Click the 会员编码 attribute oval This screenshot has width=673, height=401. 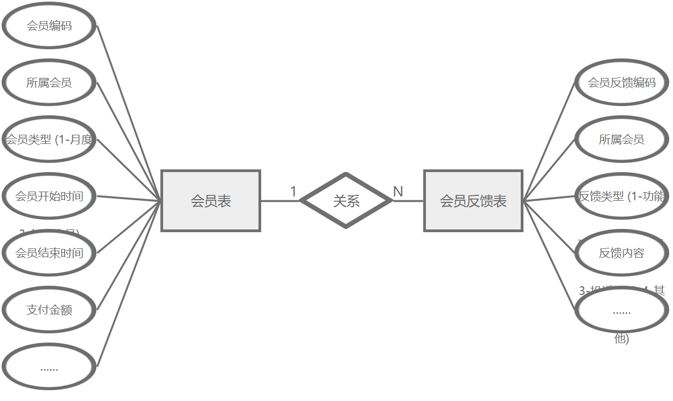[x=49, y=26]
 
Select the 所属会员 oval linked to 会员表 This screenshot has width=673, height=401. [x=49, y=83]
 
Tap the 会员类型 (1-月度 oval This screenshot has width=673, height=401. [x=49, y=140]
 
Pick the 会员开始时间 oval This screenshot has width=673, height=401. [x=49, y=196]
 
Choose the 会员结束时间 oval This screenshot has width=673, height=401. [x=49, y=253]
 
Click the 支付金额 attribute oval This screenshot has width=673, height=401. [x=49, y=310]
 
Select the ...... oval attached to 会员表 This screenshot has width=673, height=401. [x=49, y=367]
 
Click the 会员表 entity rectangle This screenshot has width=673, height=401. [x=211, y=201]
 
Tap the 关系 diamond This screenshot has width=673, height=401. [x=346, y=201]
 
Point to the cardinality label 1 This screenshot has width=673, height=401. [x=293, y=192]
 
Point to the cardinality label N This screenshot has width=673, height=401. [x=398, y=192]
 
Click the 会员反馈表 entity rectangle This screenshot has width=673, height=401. [x=473, y=201]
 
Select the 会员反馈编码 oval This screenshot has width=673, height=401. [x=622, y=83]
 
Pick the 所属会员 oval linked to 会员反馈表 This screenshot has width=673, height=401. [x=622, y=140]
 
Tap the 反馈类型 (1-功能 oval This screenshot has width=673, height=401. [x=622, y=196]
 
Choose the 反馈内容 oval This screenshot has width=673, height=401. [x=622, y=253]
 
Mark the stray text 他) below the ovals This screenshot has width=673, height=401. [x=622, y=339]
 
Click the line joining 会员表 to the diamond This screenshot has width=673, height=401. [x=280, y=201]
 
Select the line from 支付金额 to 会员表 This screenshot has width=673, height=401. [x=129, y=255]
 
